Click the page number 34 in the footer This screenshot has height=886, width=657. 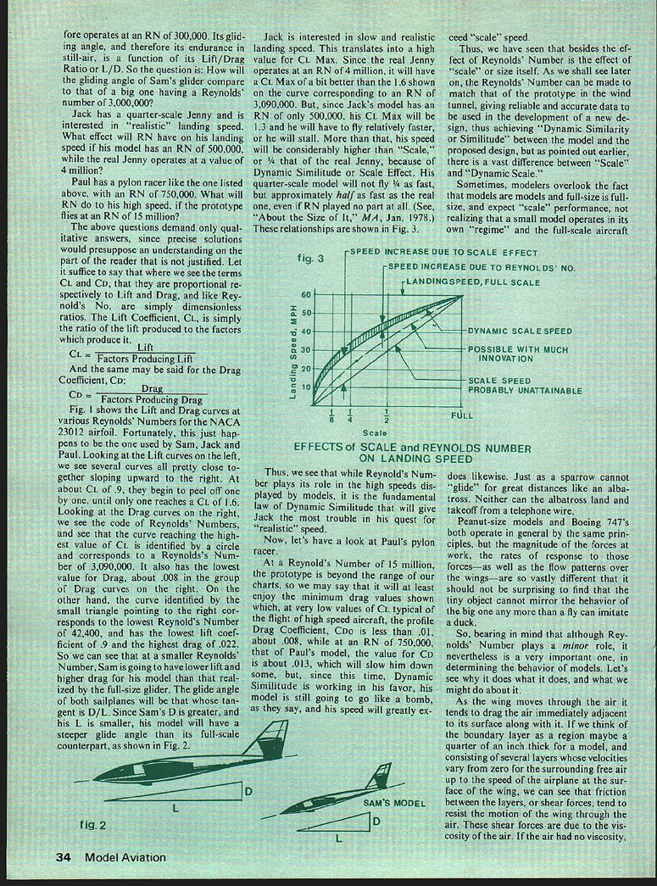63,857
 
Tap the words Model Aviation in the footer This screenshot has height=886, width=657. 125,857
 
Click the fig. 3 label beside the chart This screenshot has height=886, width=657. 311,258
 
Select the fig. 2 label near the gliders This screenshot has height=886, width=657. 93,825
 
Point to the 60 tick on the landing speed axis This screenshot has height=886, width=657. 305,294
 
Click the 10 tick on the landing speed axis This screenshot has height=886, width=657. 305,387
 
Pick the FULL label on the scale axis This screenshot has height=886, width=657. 462,415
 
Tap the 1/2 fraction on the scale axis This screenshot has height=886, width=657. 387,416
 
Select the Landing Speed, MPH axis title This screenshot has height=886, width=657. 293,350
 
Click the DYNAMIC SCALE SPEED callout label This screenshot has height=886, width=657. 520,331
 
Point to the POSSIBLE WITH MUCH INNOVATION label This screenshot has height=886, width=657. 518,354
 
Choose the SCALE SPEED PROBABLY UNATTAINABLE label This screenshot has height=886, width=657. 525,385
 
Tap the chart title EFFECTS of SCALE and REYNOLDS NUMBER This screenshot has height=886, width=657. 411,453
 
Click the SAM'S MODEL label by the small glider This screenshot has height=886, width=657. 394,803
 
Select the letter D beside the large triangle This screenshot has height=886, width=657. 249,792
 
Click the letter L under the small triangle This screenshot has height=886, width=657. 338,838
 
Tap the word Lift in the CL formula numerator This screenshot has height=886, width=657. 145,347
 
